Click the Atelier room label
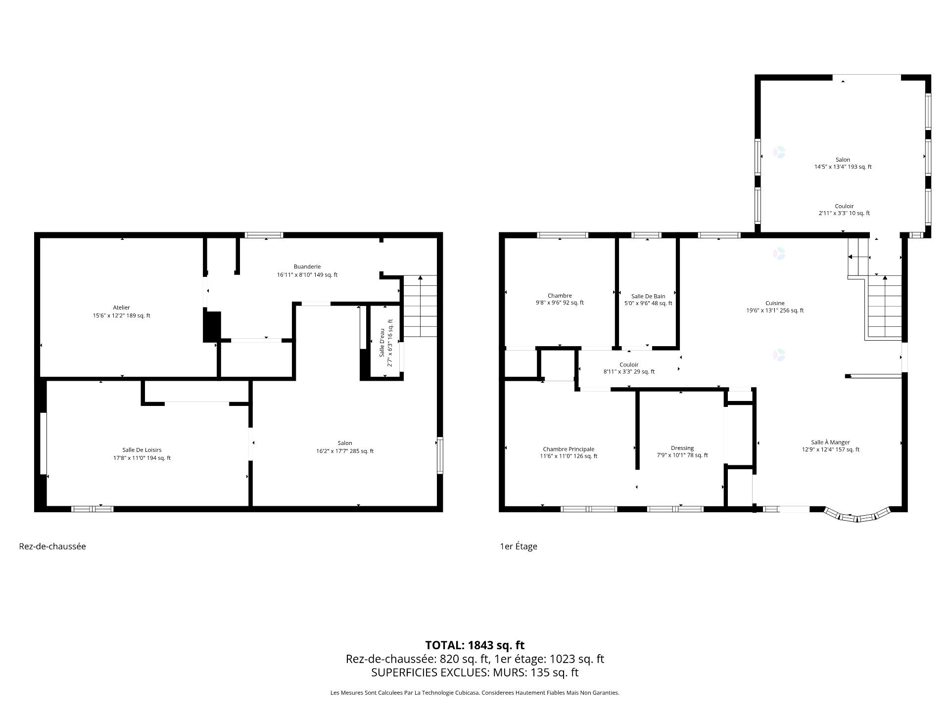121,308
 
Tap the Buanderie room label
307,267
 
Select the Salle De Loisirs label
142,450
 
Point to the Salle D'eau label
382,343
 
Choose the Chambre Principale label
569,449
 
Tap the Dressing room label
682,448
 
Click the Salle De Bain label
648,296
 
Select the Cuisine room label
775,303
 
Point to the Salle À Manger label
831,442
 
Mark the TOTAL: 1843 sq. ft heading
475,645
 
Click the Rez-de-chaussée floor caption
52,546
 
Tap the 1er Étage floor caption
519,546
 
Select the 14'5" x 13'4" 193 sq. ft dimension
843,167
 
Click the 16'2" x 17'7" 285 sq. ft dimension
345,451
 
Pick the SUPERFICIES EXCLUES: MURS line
475,672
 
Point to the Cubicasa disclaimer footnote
475,693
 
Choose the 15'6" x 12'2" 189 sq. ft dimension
121,315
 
